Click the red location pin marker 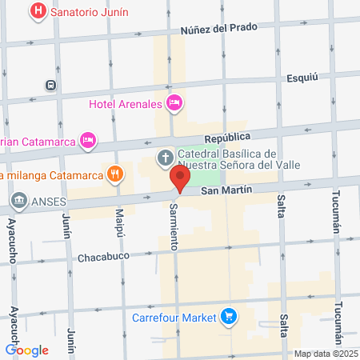181,179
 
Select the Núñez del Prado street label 218,27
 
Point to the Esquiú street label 302,78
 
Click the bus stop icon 51,84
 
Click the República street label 227,138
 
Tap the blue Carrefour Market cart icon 230,317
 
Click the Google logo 26,350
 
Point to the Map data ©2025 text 325,354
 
